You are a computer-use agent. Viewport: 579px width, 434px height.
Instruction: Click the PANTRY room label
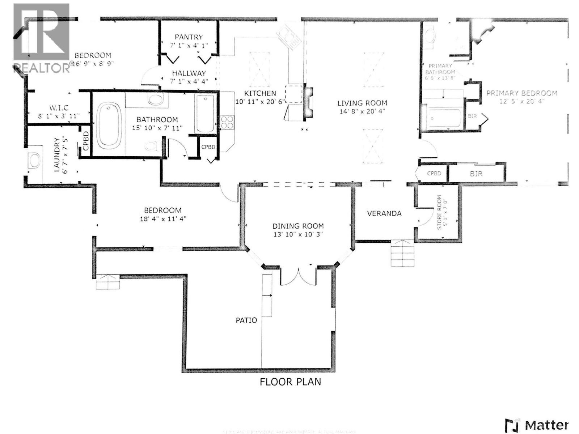click(189, 37)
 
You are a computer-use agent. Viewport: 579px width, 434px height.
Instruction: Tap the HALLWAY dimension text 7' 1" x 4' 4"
click(189, 81)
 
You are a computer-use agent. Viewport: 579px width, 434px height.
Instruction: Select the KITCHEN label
click(260, 93)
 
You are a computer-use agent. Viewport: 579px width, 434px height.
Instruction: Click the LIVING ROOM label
click(362, 103)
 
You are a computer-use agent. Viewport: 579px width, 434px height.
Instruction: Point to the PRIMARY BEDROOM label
click(521, 93)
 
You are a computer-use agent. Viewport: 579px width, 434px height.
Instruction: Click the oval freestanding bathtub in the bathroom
click(109, 124)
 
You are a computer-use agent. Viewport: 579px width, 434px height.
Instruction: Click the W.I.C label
click(59, 108)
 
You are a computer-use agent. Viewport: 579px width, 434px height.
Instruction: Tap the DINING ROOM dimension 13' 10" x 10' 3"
click(298, 234)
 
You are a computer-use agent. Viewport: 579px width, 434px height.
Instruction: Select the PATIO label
click(246, 320)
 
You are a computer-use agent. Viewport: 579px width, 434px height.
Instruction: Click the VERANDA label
click(384, 213)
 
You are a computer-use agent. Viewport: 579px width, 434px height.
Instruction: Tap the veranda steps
click(402, 253)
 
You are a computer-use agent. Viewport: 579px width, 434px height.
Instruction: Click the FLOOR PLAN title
click(290, 382)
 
